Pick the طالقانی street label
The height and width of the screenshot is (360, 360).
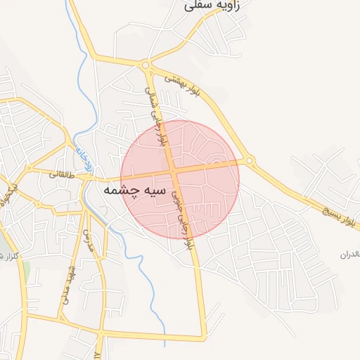61,173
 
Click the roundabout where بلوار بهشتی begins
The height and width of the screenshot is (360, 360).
146,67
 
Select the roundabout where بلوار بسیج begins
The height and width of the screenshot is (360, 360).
250,161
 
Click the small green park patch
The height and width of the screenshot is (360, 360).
26,270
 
